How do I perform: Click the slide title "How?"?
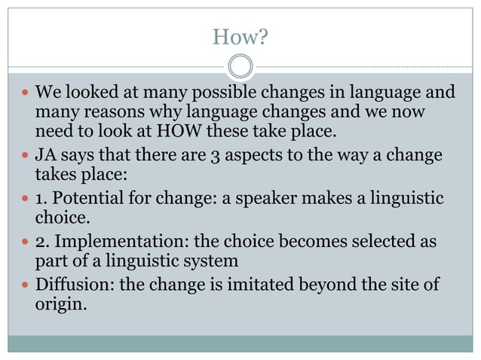[x=240, y=36]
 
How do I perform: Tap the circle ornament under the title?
[x=240, y=67]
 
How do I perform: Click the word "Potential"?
[x=84, y=199]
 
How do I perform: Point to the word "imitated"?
[x=254, y=285]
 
